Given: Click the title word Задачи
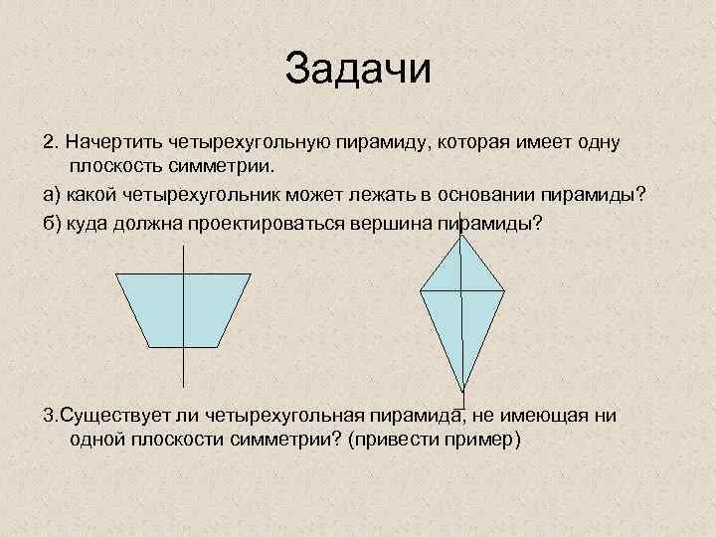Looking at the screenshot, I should coord(358,69).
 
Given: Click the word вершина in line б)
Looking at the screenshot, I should coord(393,220).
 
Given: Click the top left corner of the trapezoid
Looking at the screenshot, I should coord(116,274).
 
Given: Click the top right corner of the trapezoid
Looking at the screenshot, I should coord(251,274).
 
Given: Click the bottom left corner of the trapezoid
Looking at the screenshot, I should coord(147,346).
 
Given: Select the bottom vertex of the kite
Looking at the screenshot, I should coord(462,392).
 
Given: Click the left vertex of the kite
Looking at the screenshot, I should coord(421,291).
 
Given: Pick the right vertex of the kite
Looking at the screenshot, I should coord(504,291).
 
